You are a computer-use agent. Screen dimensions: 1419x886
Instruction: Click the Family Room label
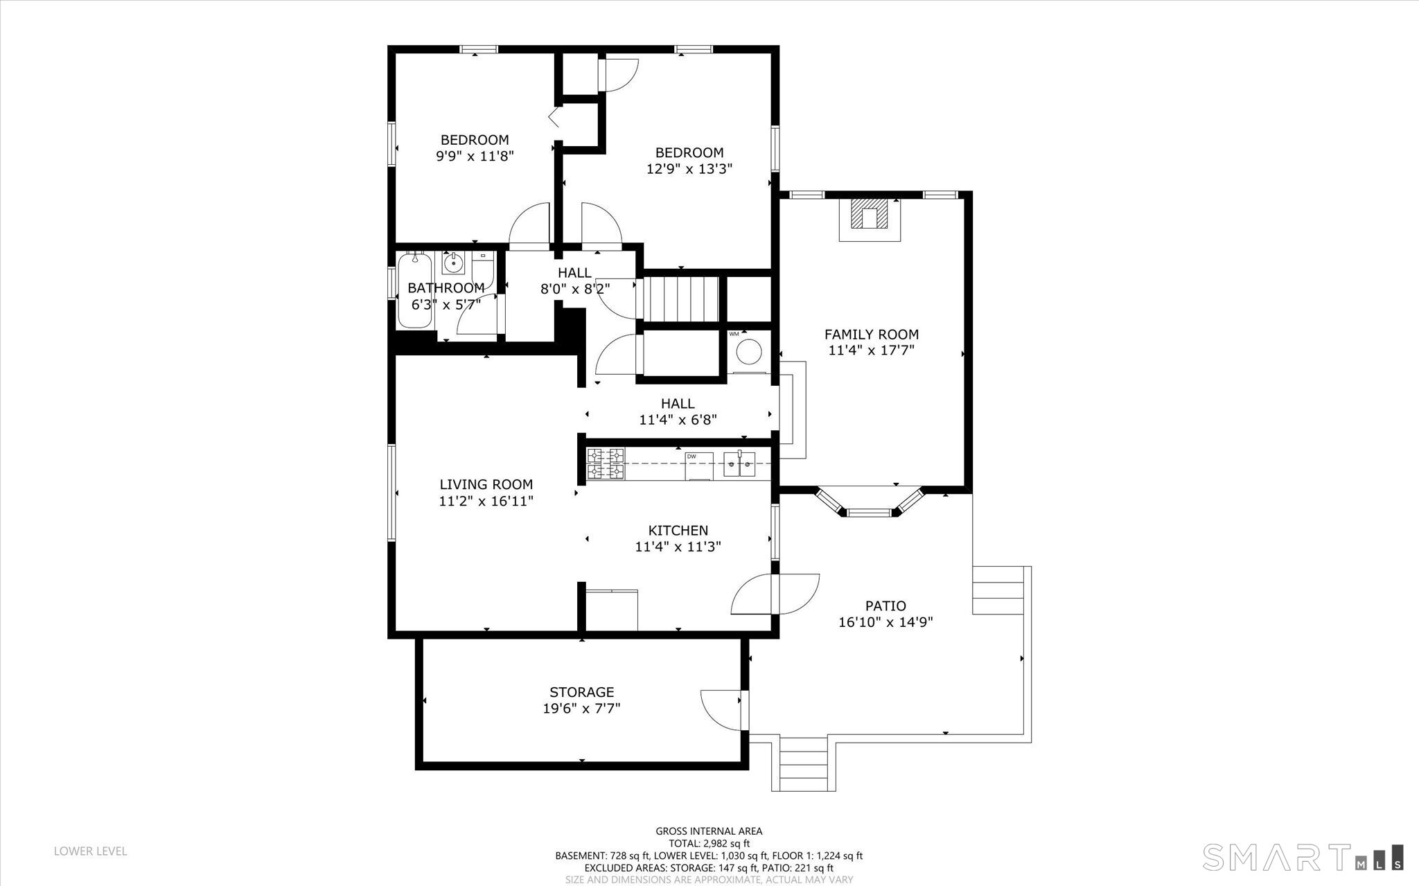click(x=872, y=334)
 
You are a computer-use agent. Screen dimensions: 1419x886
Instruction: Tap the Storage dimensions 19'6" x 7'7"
click(x=581, y=709)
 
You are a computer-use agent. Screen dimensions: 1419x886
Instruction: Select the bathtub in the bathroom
click(x=414, y=290)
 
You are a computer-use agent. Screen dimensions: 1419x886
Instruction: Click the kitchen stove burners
click(x=606, y=463)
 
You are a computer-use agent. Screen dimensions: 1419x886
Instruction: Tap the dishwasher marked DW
click(x=698, y=465)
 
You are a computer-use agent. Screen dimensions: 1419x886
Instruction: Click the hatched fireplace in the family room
click(x=870, y=215)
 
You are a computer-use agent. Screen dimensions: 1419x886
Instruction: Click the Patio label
click(x=885, y=605)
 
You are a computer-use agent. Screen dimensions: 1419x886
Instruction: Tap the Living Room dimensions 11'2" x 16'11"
click(x=486, y=501)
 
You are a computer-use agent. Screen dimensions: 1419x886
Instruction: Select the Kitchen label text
click(x=678, y=531)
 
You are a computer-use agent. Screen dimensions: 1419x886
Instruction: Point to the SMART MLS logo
click(x=1303, y=858)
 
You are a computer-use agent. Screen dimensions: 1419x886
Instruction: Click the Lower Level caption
click(x=91, y=851)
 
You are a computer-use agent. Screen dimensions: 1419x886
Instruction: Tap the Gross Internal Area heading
click(x=709, y=831)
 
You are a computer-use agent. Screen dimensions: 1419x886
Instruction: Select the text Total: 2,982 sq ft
click(x=709, y=844)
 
